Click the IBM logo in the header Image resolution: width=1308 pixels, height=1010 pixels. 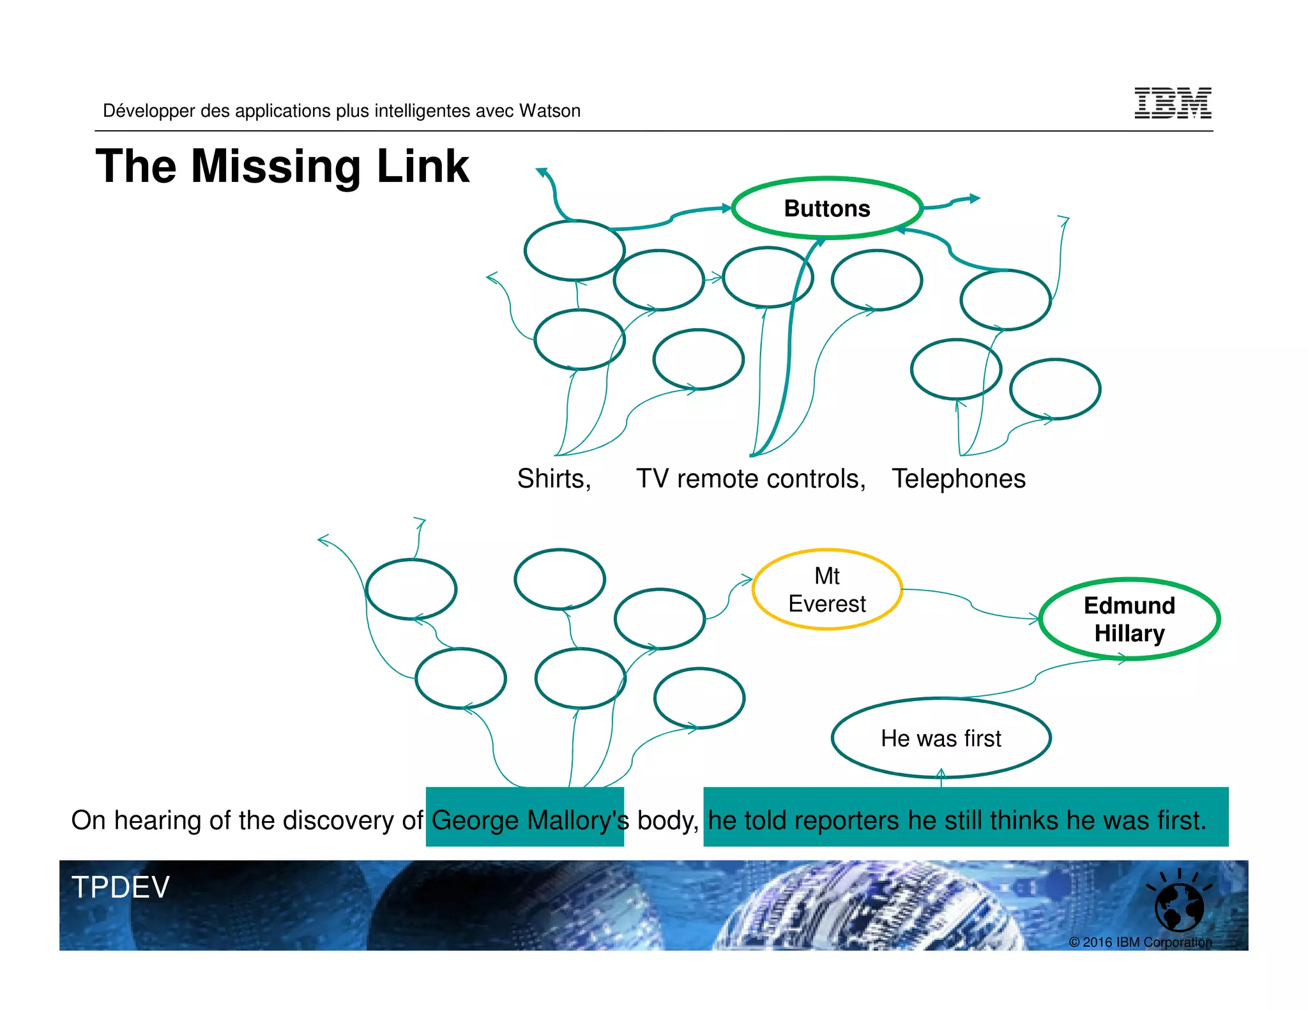click(1173, 103)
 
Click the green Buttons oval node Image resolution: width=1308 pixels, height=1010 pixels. click(827, 209)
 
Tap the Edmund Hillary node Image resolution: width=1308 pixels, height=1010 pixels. click(1129, 619)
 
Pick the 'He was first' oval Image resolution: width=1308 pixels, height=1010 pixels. click(941, 739)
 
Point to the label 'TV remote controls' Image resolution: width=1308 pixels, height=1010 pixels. click(750, 479)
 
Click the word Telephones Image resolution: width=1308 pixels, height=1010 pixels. click(959, 479)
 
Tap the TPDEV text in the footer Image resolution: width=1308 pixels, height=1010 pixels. click(121, 887)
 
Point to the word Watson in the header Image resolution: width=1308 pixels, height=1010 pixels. click(549, 111)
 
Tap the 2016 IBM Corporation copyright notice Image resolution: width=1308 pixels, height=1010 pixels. click(1140, 942)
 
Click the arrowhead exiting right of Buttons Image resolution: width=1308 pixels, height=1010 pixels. click(973, 199)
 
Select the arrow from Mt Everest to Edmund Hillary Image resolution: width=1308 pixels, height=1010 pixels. click(971, 604)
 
